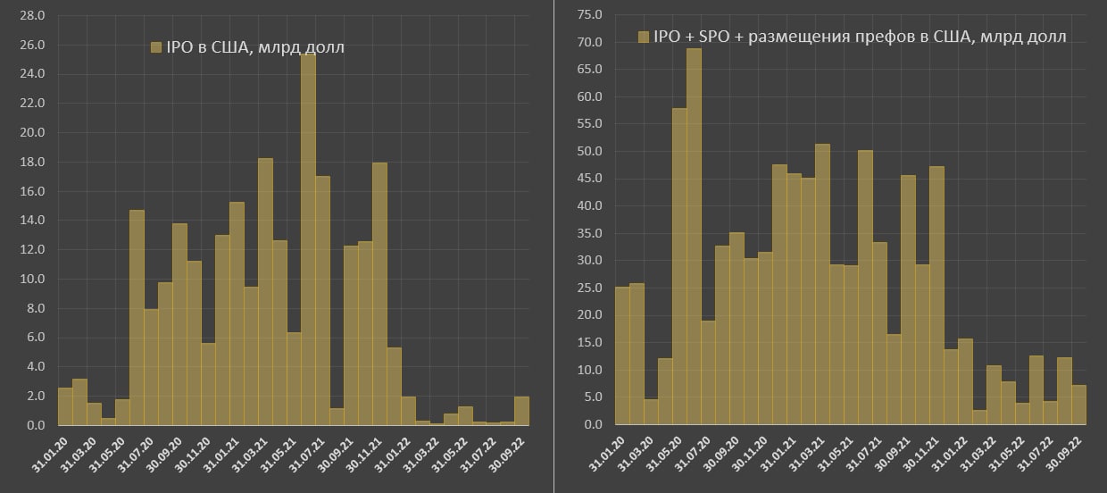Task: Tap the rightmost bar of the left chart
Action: point(522,411)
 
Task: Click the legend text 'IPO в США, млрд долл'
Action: point(254,47)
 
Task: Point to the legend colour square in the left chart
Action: point(155,47)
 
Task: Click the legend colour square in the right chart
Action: point(643,37)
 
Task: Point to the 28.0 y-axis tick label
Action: point(32,16)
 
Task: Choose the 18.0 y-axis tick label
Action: point(32,163)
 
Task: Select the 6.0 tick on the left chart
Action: point(36,338)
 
